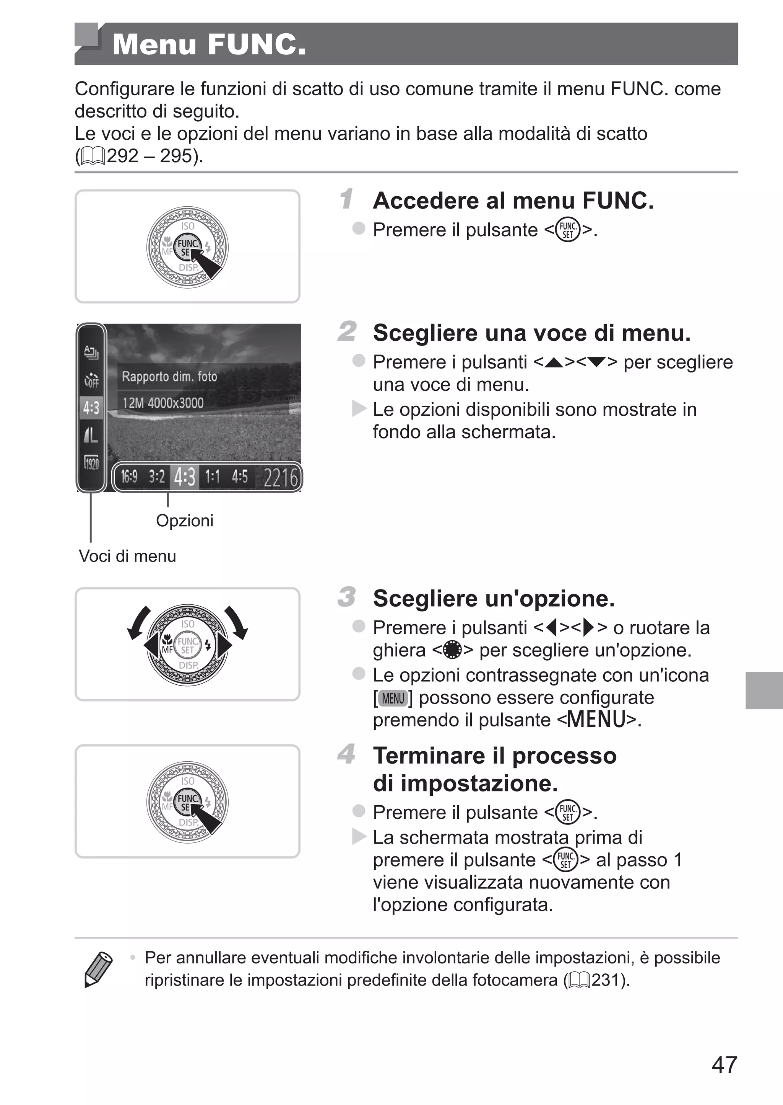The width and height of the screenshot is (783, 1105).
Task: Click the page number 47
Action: (724, 1064)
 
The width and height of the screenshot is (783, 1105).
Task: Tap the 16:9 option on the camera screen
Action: (129, 477)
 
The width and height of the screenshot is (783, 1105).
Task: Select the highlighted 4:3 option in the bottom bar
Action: (185, 477)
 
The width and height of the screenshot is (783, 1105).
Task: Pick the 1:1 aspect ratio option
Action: (212, 477)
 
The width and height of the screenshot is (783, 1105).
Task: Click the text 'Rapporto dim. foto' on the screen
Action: (169, 376)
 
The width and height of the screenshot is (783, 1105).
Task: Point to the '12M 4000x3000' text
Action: (162, 402)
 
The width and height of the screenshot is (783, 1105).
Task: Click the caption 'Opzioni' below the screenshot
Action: (184, 521)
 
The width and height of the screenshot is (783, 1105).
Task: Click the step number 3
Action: (347, 597)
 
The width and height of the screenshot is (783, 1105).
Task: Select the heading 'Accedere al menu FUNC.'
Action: (513, 200)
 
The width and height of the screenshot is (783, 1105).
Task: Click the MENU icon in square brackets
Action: (393, 698)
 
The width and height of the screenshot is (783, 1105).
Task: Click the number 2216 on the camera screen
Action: (280, 478)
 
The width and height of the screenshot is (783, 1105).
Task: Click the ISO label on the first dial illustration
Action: (188, 226)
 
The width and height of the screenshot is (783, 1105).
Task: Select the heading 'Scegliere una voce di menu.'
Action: (531, 333)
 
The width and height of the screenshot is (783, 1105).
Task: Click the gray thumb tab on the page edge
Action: (764, 690)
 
